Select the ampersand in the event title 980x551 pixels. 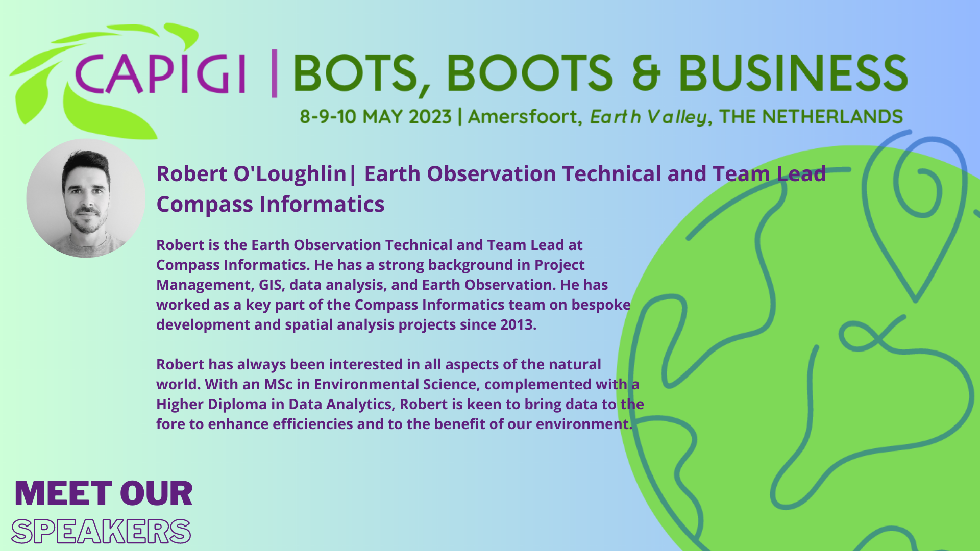point(646,72)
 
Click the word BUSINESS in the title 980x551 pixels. point(793,72)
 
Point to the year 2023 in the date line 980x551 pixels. point(430,117)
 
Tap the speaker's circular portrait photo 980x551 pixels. point(86,198)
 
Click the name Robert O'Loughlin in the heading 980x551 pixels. point(251,174)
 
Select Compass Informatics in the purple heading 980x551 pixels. point(271,205)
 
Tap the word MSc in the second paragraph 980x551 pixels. point(278,384)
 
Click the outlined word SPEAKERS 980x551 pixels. point(101,531)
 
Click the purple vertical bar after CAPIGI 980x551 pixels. point(274,73)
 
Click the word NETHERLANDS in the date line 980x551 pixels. point(832,117)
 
